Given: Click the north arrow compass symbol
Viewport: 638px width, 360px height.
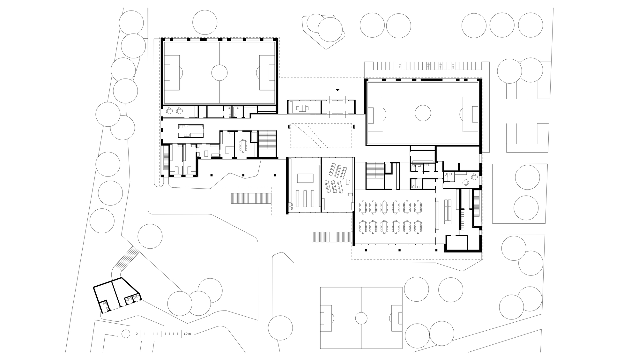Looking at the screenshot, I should coord(126,334).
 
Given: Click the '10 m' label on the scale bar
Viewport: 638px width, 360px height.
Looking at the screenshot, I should coord(187,334).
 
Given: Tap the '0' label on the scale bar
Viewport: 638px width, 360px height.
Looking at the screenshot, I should coord(137,334).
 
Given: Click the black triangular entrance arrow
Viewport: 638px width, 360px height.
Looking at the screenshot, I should coord(338,90).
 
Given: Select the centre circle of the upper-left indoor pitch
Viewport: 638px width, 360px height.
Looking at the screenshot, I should coord(219,73).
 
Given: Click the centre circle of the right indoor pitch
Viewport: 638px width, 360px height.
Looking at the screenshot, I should coord(423,113).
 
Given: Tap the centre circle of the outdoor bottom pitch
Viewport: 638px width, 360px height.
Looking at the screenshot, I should coord(361,318).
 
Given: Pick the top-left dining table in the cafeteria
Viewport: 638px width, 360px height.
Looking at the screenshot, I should coord(363,207).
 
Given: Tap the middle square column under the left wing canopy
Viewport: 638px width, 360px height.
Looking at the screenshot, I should coord(243,175).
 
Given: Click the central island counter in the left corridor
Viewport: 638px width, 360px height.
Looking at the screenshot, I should coord(190,131).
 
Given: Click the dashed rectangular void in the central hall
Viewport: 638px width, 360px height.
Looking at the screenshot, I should coord(321,136).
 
